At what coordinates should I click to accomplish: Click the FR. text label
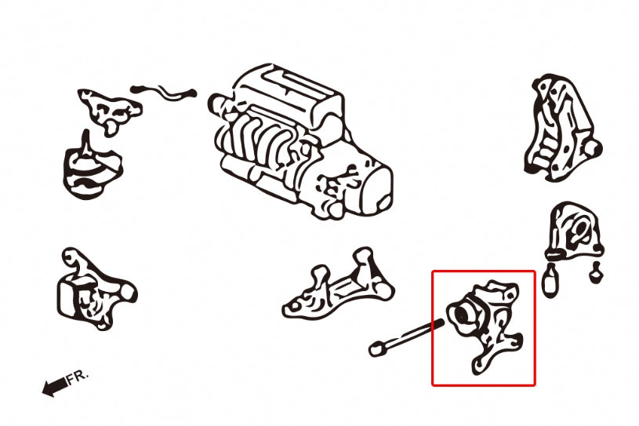[78, 377]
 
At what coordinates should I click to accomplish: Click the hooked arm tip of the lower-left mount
[71, 256]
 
